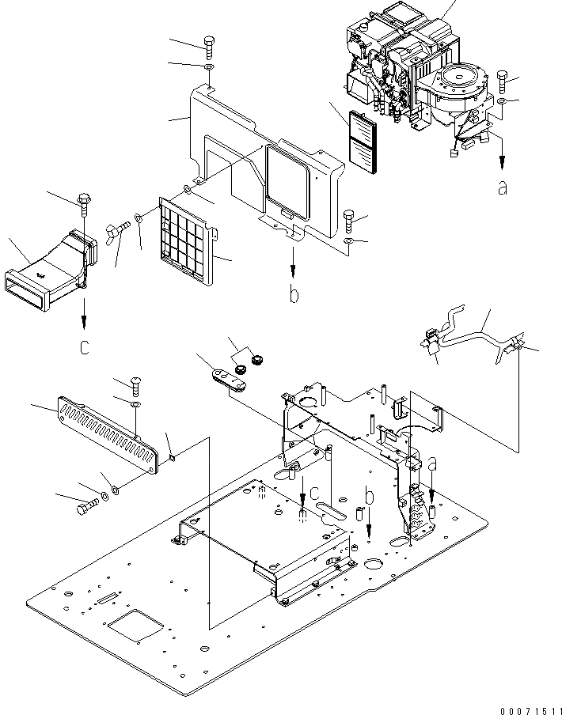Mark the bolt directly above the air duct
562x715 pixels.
coord(83,202)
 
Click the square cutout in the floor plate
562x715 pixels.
coord(137,629)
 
